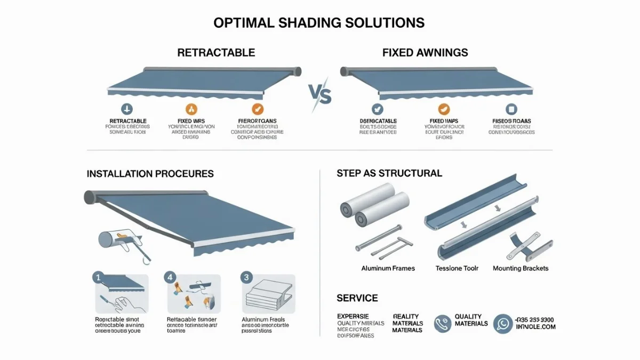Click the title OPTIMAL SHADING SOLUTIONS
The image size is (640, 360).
tap(319, 23)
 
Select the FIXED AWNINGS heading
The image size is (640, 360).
tap(425, 53)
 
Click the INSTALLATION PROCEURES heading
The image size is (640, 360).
tap(150, 174)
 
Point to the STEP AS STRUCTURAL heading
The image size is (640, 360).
tap(389, 173)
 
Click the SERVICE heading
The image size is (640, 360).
tap(357, 298)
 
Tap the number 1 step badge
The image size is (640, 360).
tap(97, 277)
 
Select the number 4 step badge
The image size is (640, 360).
tap(170, 277)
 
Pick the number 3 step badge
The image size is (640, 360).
tap(246, 277)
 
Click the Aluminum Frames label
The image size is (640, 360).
tap(388, 268)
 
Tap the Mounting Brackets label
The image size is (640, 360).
tap(521, 268)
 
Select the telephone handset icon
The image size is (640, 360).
tap(442, 323)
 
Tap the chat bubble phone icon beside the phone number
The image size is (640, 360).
tap(502, 323)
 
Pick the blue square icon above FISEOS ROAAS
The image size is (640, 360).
tap(511, 109)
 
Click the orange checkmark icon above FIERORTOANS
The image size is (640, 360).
tap(257, 109)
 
